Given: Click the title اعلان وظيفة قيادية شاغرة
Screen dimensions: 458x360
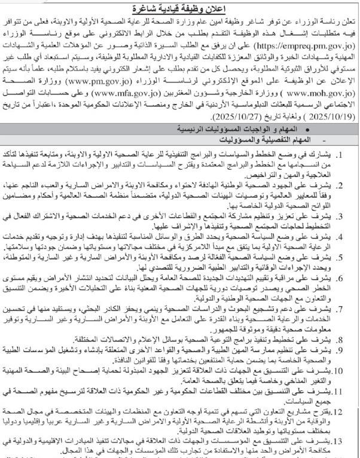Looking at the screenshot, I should point(179,8).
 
